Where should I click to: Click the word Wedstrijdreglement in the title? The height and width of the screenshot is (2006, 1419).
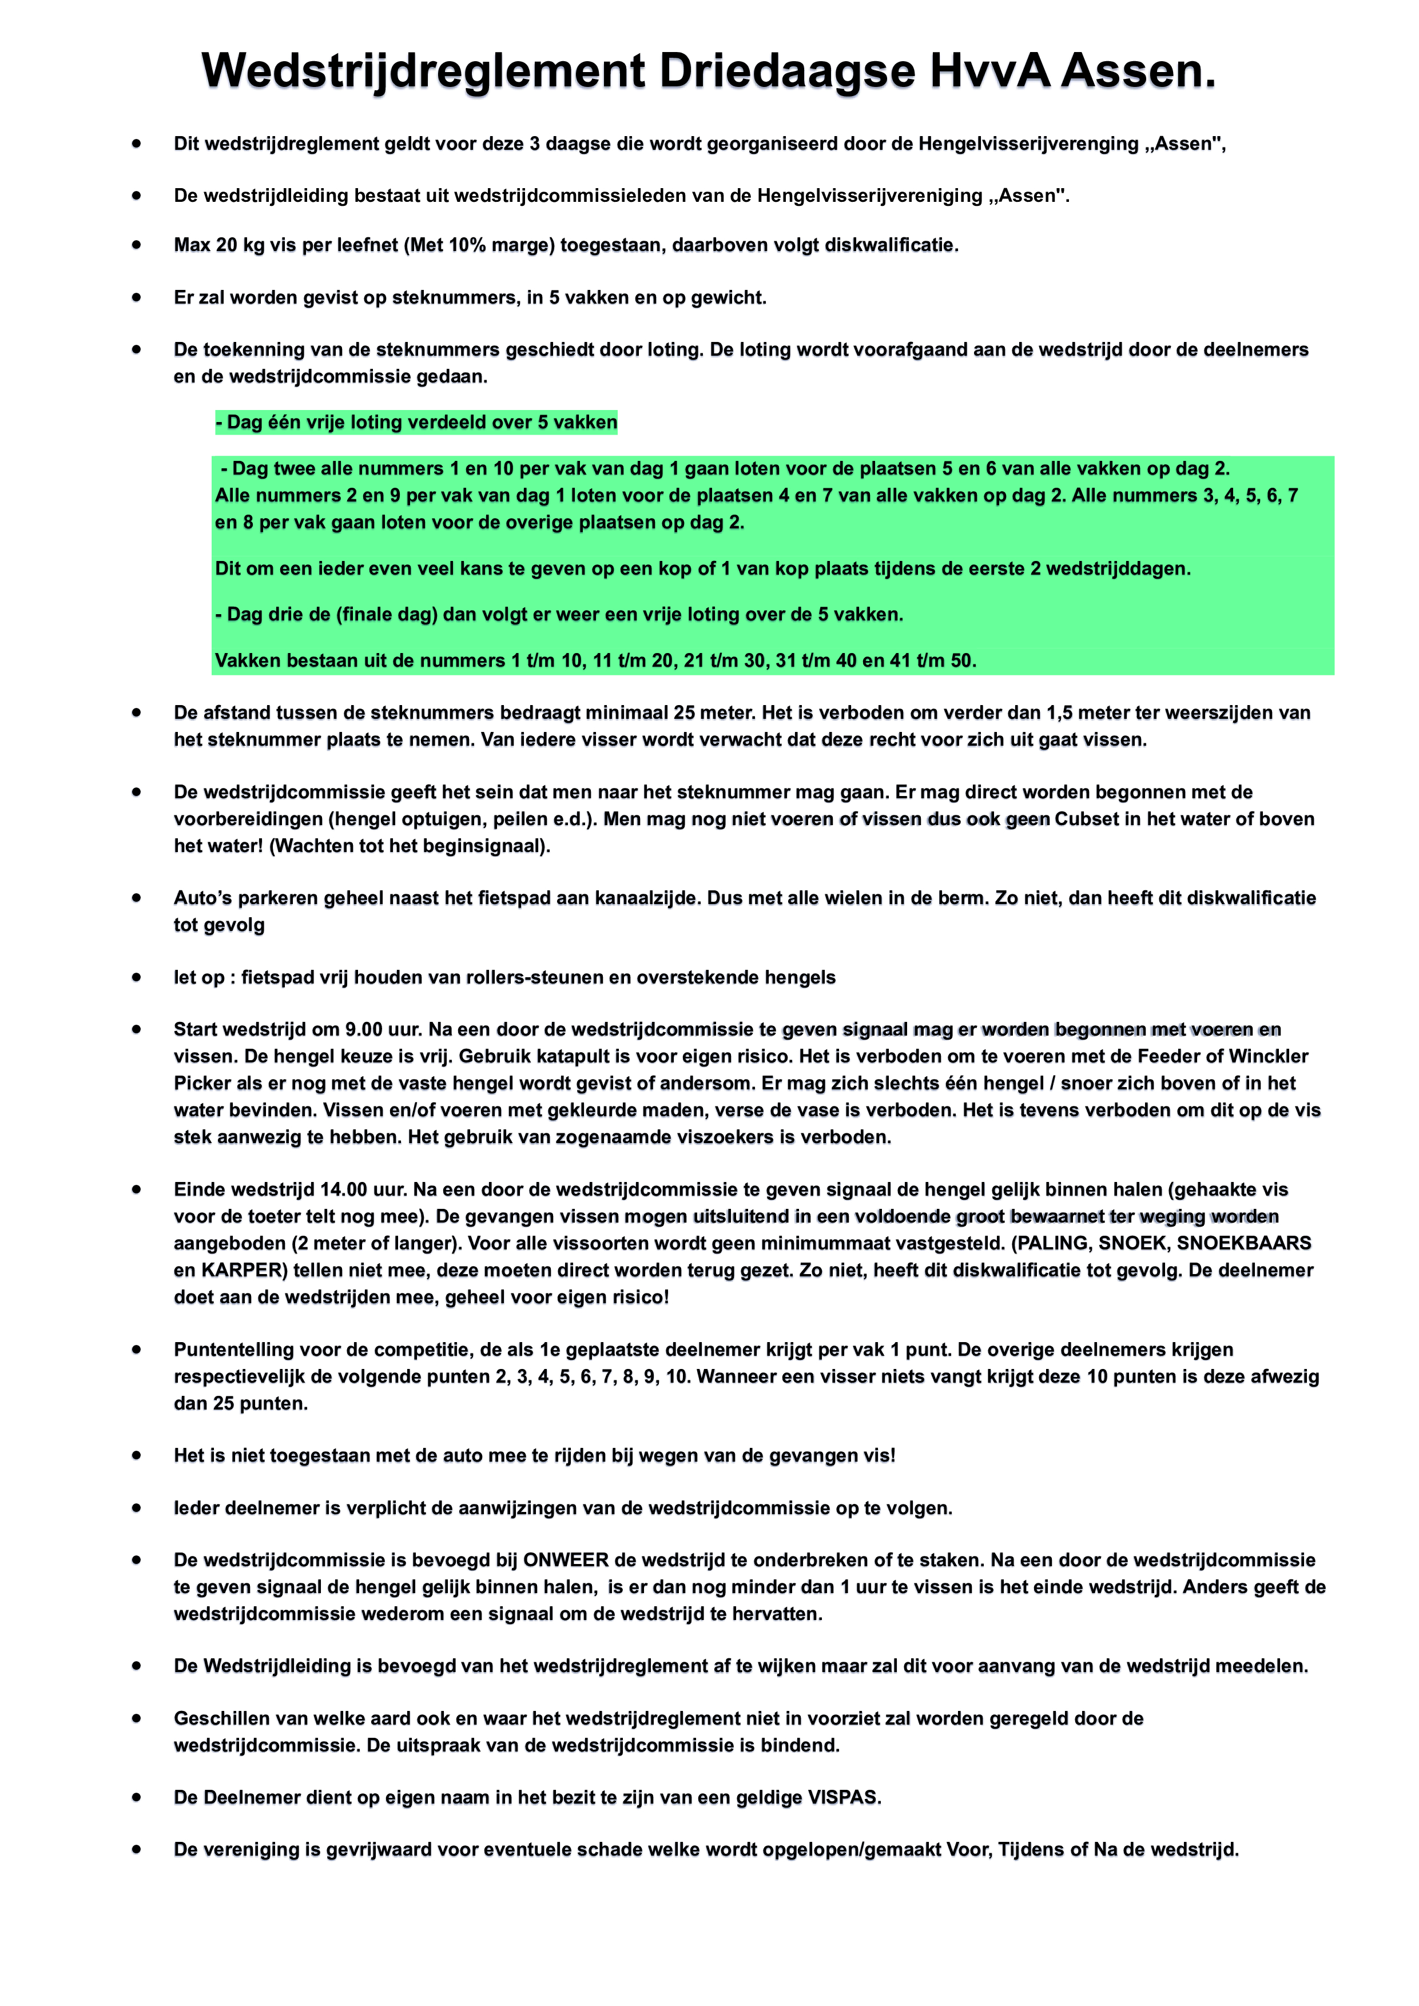point(423,71)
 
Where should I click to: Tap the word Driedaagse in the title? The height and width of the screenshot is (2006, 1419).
point(786,71)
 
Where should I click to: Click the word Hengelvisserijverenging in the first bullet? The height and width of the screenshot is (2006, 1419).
point(1028,144)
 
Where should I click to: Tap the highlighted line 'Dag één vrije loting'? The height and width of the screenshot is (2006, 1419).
point(417,423)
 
